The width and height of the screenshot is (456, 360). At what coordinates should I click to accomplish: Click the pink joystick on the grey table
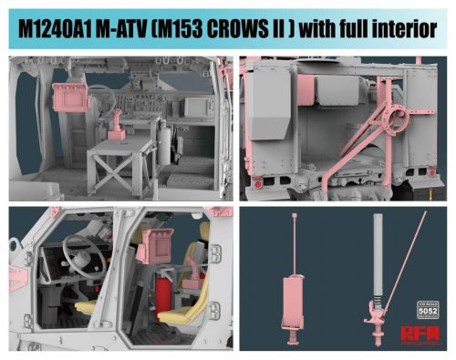coord(118,124)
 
